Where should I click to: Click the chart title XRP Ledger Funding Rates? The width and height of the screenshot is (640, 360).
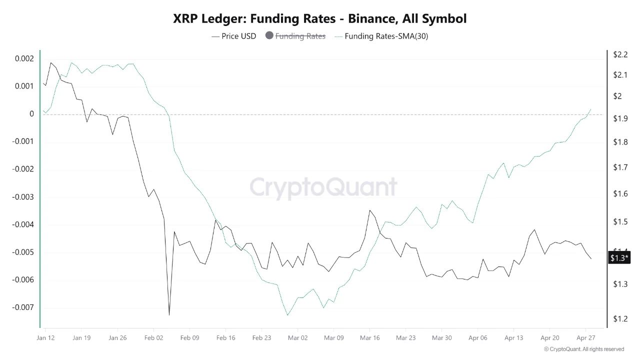pos(319,19)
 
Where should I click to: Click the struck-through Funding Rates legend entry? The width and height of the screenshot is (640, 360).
pos(300,36)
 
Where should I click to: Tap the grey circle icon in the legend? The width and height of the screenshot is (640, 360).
pos(269,35)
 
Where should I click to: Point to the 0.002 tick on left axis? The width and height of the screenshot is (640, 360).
pos(24,58)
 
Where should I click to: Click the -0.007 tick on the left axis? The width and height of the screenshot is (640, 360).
pos(23,307)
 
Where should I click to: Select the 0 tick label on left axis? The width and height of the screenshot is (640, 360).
pos(31,114)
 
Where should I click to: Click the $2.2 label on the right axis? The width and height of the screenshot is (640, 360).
pos(620,54)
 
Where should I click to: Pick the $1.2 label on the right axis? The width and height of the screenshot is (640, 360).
pos(620,318)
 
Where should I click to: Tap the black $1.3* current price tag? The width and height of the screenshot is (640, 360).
pos(619,258)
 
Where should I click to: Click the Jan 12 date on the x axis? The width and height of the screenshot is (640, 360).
pos(45,338)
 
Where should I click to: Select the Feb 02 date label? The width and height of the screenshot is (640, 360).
pos(153,338)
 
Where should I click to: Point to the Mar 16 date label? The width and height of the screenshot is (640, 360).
pos(369,338)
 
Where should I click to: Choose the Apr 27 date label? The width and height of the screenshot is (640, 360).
pos(585,338)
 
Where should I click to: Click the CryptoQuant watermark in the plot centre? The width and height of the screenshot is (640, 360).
pos(323,187)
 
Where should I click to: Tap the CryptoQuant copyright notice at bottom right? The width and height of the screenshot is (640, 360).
pos(583,349)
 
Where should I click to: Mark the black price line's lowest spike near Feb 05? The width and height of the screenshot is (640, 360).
pos(169,314)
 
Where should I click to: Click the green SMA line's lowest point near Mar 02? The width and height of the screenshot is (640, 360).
pos(287,315)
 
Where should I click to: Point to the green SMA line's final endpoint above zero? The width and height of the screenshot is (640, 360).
pos(591,109)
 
